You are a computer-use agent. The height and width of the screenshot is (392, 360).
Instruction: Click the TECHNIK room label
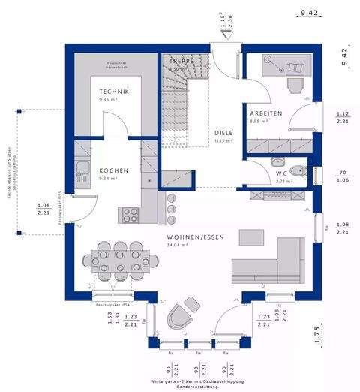(x=114, y=92)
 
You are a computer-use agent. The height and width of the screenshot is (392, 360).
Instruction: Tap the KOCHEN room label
(x=113, y=170)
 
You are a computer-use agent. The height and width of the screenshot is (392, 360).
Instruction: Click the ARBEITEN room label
(x=265, y=113)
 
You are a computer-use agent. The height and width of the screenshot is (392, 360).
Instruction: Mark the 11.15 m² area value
(x=223, y=140)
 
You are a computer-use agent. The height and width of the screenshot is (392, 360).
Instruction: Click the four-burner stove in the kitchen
(x=130, y=214)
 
